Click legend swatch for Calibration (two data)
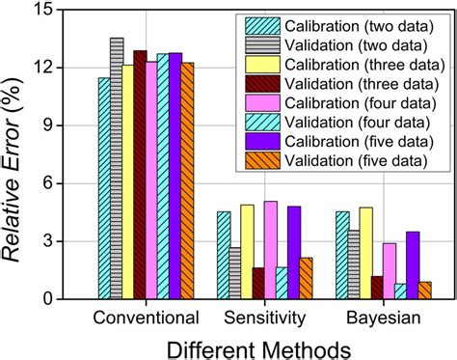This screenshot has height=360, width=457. coord(263,26)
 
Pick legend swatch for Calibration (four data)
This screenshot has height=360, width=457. coord(263,102)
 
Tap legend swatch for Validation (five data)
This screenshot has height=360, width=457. coord(263,159)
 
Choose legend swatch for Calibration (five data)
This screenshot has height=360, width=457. coord(263,140)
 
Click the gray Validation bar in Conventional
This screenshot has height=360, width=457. coord(116,169)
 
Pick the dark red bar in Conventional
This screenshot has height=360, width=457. coord(140,175)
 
